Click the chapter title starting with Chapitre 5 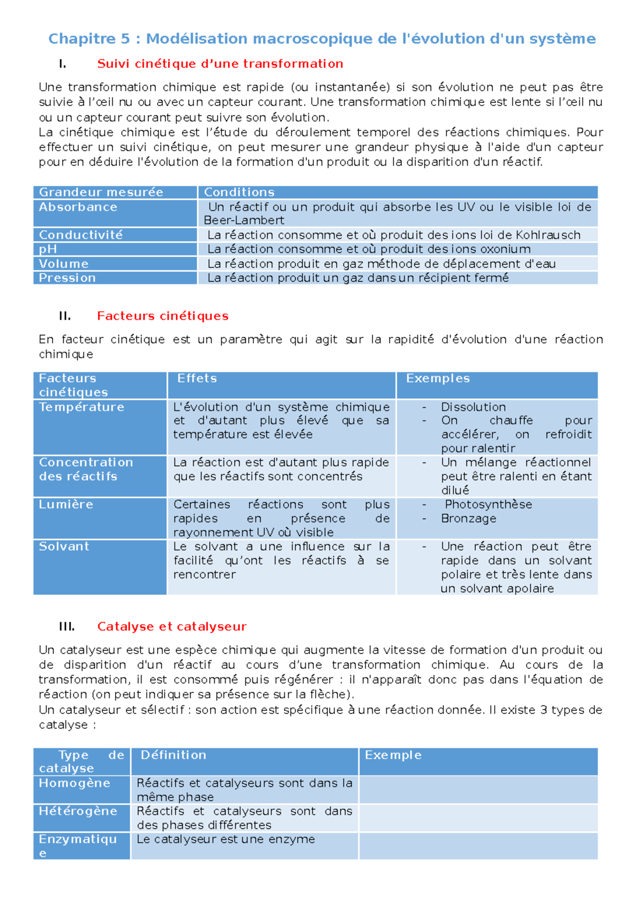(x=322, y=39)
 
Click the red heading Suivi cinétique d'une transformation (x=220, y=64)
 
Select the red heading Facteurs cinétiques (x=162, y=316)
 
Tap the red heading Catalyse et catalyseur (x=171, y=626)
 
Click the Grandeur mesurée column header (x=101, y=192)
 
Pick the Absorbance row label (x=78, y=207)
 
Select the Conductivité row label (x=80, y=235)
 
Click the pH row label (x=48, y=249)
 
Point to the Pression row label (x=67, y=278)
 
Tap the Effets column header (x=197, y=378)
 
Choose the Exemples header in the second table (x=437, y=378)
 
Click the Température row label (x=81, y=407)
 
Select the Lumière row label (x=65, y=504)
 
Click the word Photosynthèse (x=488, y=504)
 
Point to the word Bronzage (x=468, y=519)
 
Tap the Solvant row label (x=64, y=547)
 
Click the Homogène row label (x=74, y=783)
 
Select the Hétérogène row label (x=78, y=811)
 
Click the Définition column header (x=173, y=755)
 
